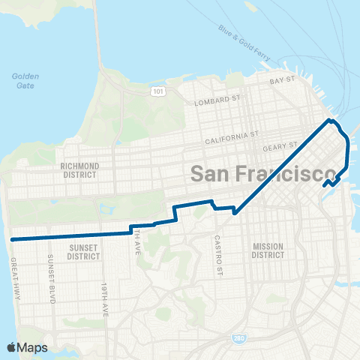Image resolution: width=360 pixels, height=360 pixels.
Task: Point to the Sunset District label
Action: pyautogui.click(x=84, y=250)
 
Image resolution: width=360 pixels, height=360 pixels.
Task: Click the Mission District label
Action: pyautogui.click(x=268, y=250)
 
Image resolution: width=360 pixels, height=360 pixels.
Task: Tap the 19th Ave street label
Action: pyautogui.click(x=105, y=293)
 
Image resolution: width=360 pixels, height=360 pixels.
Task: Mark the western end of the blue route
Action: pyautogui.click(x=13, y=238)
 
